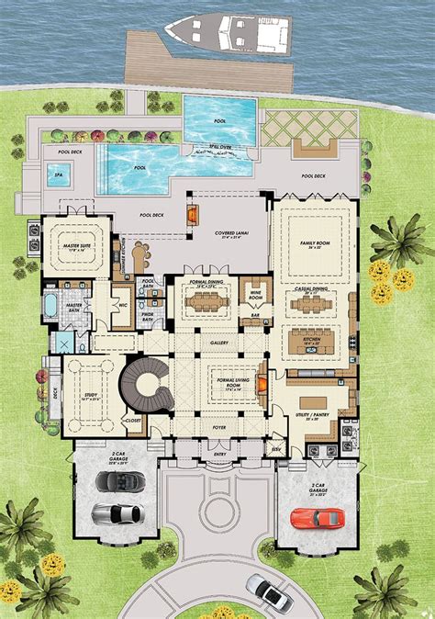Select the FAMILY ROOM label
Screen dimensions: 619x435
pyautogui.click(x=315, y=244)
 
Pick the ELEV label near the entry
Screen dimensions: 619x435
pyautogui.click(x=274, y=448)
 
